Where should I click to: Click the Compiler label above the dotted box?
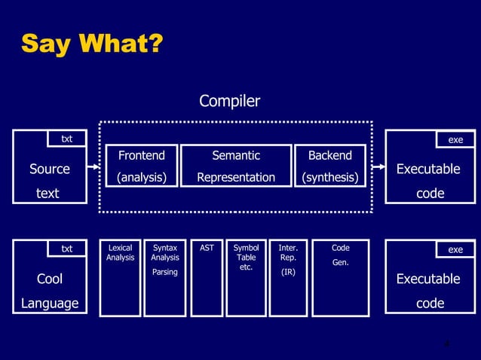[x=229, y=101]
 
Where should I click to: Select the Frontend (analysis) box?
[x=141, y=166]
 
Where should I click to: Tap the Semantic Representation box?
[x=236, y=166]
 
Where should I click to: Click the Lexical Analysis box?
[x=120, y=277]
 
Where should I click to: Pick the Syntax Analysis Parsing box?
[x=165, y=277]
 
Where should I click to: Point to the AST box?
[x=206, y=277]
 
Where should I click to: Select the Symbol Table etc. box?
[x=246, y=277]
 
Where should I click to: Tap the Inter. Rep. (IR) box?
[x=288, y=277]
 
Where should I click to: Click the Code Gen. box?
[x=340, y=277]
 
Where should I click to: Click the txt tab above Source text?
[x=67, y=139]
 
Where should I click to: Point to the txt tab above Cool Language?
[x=67, y=249]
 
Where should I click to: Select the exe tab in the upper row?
[x=455, y=139]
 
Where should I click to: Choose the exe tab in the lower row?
[x=455, y=249]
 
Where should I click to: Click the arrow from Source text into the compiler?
[x=95, y=168]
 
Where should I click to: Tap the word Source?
[x=50, y=169]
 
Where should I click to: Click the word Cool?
[x=50, y=279]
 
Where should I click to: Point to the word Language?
[x=50, y=304]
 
